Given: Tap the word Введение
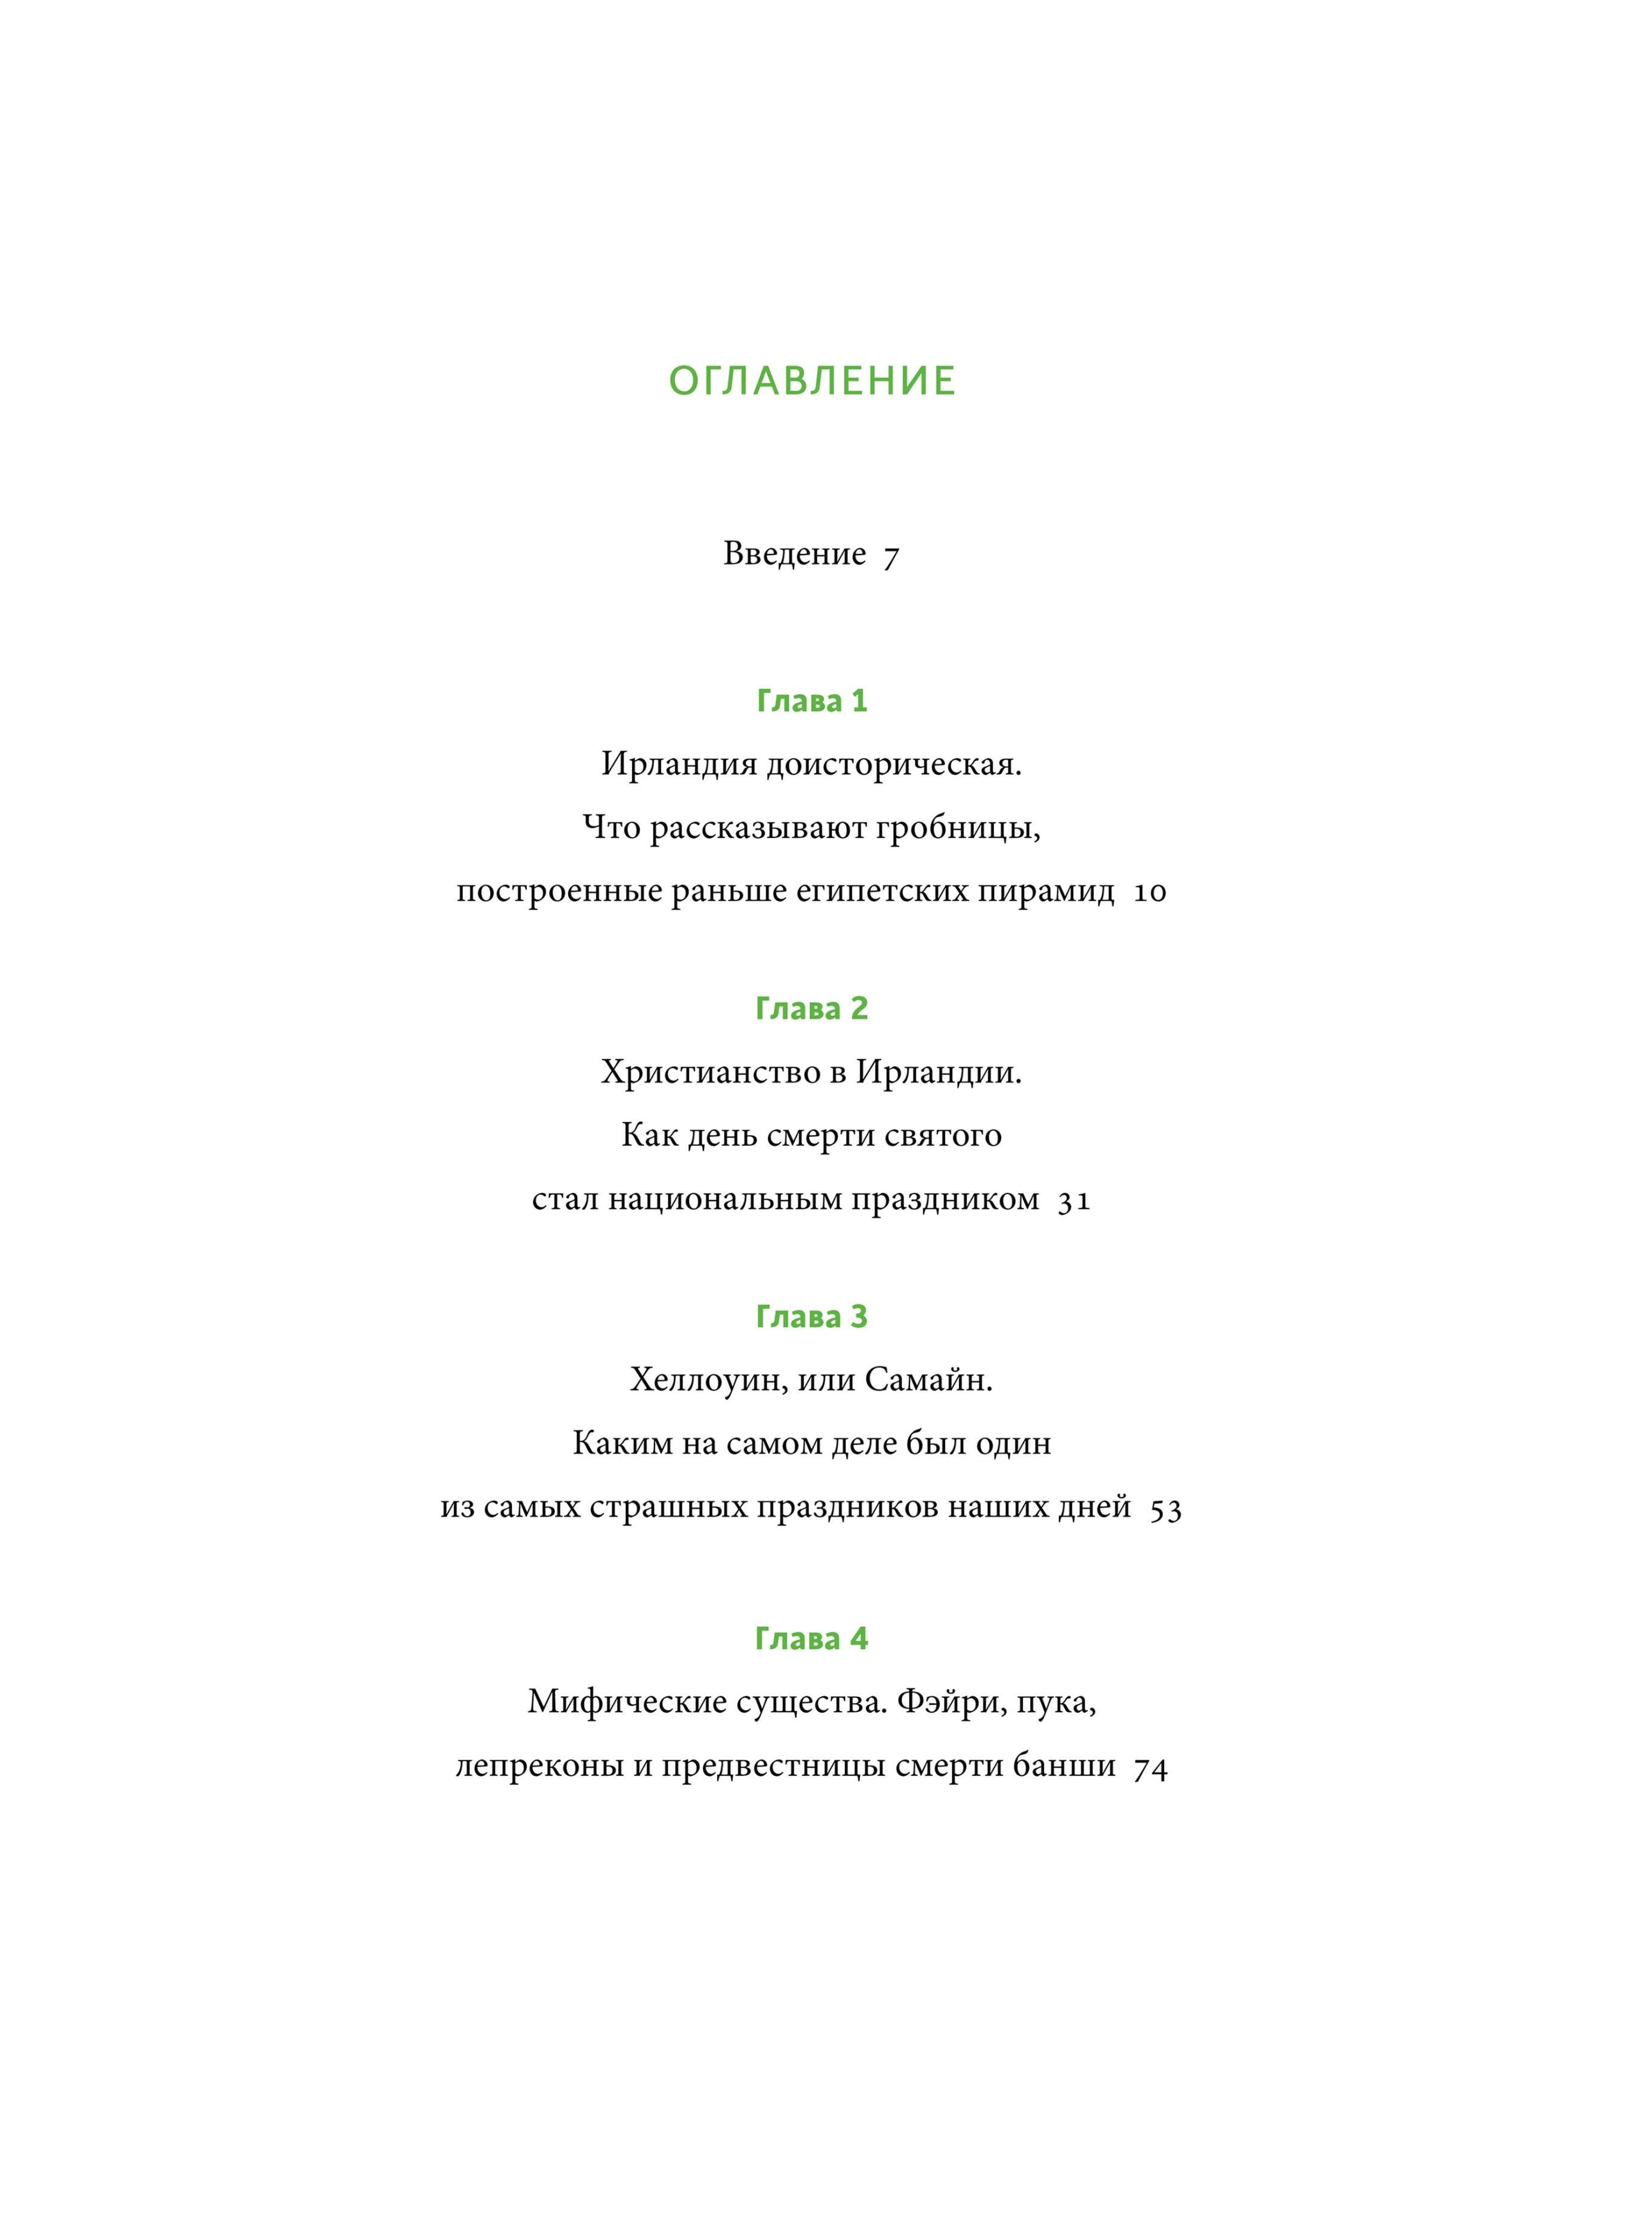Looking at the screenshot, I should click(x=794, y=554).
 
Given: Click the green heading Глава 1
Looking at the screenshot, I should click(x=812, y=701).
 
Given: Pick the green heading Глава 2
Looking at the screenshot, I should click(x=812, y=1008).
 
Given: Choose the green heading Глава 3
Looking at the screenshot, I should click(x=812, y=1317).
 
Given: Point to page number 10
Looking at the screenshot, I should click(x=1149, y=893).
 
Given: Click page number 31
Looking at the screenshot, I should click(x=1074, y=1201).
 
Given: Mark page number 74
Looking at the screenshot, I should click(x=1151, y=1769).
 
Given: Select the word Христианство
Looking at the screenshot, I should click(x=710, y=1073).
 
